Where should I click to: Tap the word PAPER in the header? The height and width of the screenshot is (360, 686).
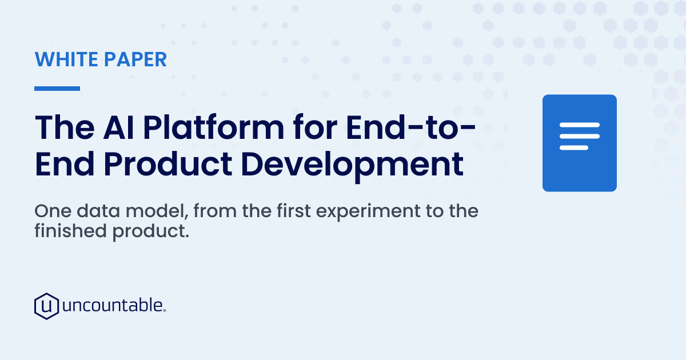point(135,59)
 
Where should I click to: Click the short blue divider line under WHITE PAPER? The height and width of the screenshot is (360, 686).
point(57,89)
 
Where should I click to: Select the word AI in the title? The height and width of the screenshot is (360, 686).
point(118,127)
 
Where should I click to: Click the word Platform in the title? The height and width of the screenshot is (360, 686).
point(214,127)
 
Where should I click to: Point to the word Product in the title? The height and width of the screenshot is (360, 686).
point(167,164)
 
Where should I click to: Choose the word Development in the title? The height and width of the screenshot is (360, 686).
point(352,165)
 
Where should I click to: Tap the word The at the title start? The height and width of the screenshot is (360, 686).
point(65,127)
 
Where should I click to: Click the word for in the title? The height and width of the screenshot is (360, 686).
point(315,127)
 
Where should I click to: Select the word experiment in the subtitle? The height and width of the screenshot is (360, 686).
point(368,212)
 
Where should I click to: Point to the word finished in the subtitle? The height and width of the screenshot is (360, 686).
point(70,230)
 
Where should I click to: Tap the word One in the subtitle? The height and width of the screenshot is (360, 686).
point(53,211)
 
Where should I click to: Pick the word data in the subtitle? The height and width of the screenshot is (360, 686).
point(98,211)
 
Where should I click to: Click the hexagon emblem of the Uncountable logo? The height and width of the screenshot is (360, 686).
point(46,306)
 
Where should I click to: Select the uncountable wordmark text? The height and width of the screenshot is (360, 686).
point(114,305)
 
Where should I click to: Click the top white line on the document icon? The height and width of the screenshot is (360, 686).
point(580,125)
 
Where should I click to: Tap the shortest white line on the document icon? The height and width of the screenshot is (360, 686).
point(574,148)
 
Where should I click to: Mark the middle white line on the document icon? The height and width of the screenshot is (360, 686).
point(580,136)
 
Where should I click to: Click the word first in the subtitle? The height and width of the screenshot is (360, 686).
point(294,211)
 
